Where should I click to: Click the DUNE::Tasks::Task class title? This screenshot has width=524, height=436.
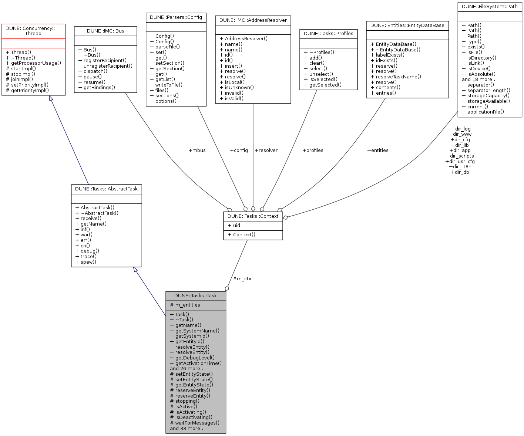(195, 295)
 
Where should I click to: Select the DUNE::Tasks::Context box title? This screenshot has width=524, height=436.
(253, 216)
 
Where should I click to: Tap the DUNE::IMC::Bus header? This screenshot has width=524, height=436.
(105, 31)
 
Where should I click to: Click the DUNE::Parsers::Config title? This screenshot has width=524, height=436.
(176, 17)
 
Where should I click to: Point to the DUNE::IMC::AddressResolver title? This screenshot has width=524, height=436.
(253, 20)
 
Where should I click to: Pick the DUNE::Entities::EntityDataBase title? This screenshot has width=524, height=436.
(407, 25)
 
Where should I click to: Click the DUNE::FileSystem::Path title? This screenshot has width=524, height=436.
(490, 6)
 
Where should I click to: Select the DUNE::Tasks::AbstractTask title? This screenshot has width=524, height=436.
(106, 189)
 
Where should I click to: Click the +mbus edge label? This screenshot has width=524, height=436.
(197, 150)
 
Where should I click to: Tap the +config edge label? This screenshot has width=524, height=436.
(239, 150)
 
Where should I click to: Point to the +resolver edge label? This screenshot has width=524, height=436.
(266, 150)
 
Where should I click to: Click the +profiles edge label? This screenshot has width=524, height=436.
(313, 150)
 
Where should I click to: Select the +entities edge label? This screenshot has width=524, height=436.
(377, 150)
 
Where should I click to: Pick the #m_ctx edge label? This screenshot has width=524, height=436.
(242, 278)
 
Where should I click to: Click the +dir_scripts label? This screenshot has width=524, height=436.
(460, 156)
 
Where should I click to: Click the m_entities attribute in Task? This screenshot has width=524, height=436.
(188, 305)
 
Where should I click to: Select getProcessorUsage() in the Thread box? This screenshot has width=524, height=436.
(36, 63)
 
